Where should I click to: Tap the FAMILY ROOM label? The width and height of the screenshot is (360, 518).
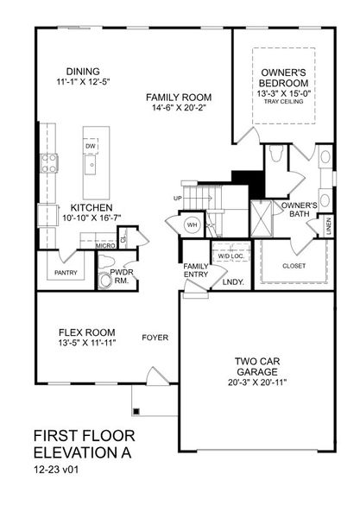point(179,97)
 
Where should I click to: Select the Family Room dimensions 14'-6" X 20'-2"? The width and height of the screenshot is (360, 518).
point(179,109)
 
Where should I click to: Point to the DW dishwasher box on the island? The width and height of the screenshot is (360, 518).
point(91,146)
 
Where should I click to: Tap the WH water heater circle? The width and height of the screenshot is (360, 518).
point(193,224)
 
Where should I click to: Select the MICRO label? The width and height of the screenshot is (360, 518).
point(106,245)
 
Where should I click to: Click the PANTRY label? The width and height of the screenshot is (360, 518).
point(66,273)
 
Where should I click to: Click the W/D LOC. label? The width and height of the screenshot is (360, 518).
point(230,256)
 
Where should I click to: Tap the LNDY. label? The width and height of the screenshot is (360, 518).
point(232,281)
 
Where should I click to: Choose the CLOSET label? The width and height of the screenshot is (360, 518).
point(294,266)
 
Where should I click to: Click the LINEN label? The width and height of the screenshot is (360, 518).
point(329,226)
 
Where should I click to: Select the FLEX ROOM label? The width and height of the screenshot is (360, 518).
point(82,331)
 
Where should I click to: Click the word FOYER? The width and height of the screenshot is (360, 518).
point(155,338)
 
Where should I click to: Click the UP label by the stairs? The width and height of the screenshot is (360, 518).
point(177,198)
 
